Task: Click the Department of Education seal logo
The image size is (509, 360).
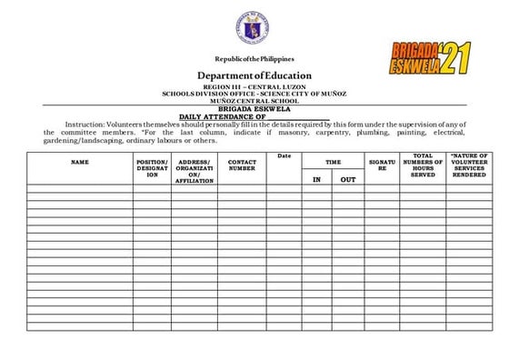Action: [254, 28]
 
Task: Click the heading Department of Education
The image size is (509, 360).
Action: [254, 75]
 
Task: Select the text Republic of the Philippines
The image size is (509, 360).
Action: [254, 59]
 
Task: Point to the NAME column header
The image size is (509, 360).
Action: [80, 162]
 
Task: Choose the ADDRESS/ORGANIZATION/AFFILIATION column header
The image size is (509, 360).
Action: [195, 170]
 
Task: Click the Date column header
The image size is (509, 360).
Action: [284, 156]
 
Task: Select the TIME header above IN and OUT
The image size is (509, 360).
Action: [334, 162]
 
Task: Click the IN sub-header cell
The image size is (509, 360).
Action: [316, 180]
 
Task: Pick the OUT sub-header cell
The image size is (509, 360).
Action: [348, 180]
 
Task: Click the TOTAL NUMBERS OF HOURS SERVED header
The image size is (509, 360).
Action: [423, 165]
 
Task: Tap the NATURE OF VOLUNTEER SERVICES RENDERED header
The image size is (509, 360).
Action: [470, 165]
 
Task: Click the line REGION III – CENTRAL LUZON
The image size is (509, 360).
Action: [254, 87]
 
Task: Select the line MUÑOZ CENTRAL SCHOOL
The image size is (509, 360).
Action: [254, 100]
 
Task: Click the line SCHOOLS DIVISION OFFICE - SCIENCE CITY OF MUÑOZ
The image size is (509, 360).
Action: [254, 94]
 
